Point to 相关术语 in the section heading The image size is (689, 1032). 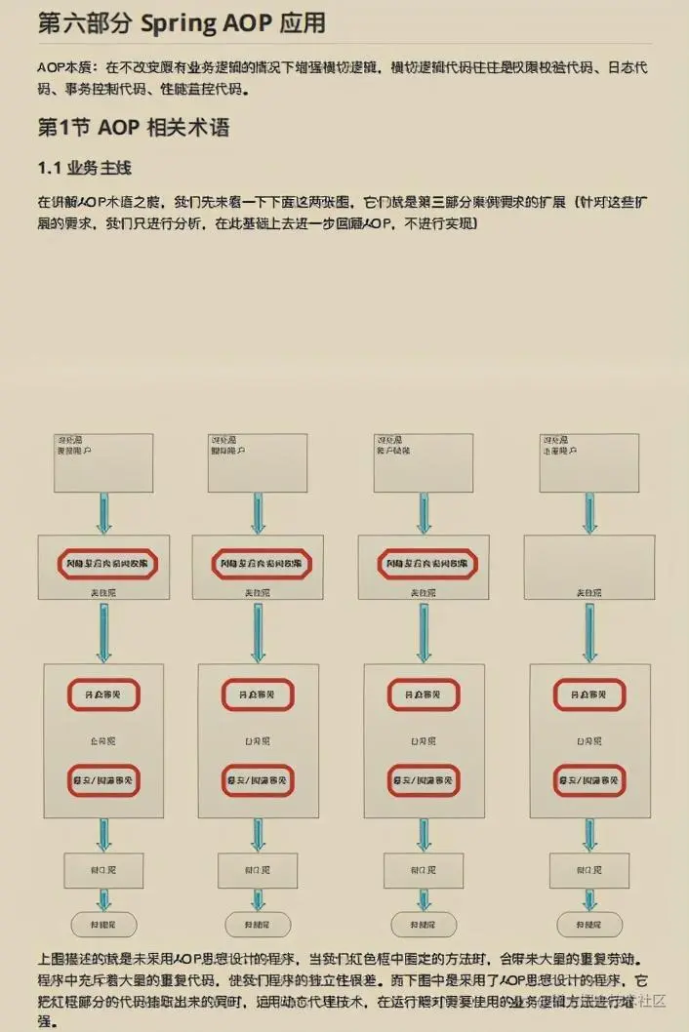[x=187, y=129]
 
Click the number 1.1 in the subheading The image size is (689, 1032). [x=50, y=168]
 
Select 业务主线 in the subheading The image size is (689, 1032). [x=100, y=168]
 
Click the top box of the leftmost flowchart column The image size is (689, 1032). [x=103, y=462]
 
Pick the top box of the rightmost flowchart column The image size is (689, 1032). [x=589, y=462]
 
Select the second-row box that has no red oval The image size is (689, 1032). [x=589, y=567]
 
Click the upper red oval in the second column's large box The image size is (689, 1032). [x=258, y=695]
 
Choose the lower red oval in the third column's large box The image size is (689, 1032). [x=424, y=780]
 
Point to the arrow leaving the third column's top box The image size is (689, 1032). [x=424, y=513]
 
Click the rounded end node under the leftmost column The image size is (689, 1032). [x=103, y=924]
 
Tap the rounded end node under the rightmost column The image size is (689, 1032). [x=588, y=924]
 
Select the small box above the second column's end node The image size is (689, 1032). [x=258, y=869]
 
